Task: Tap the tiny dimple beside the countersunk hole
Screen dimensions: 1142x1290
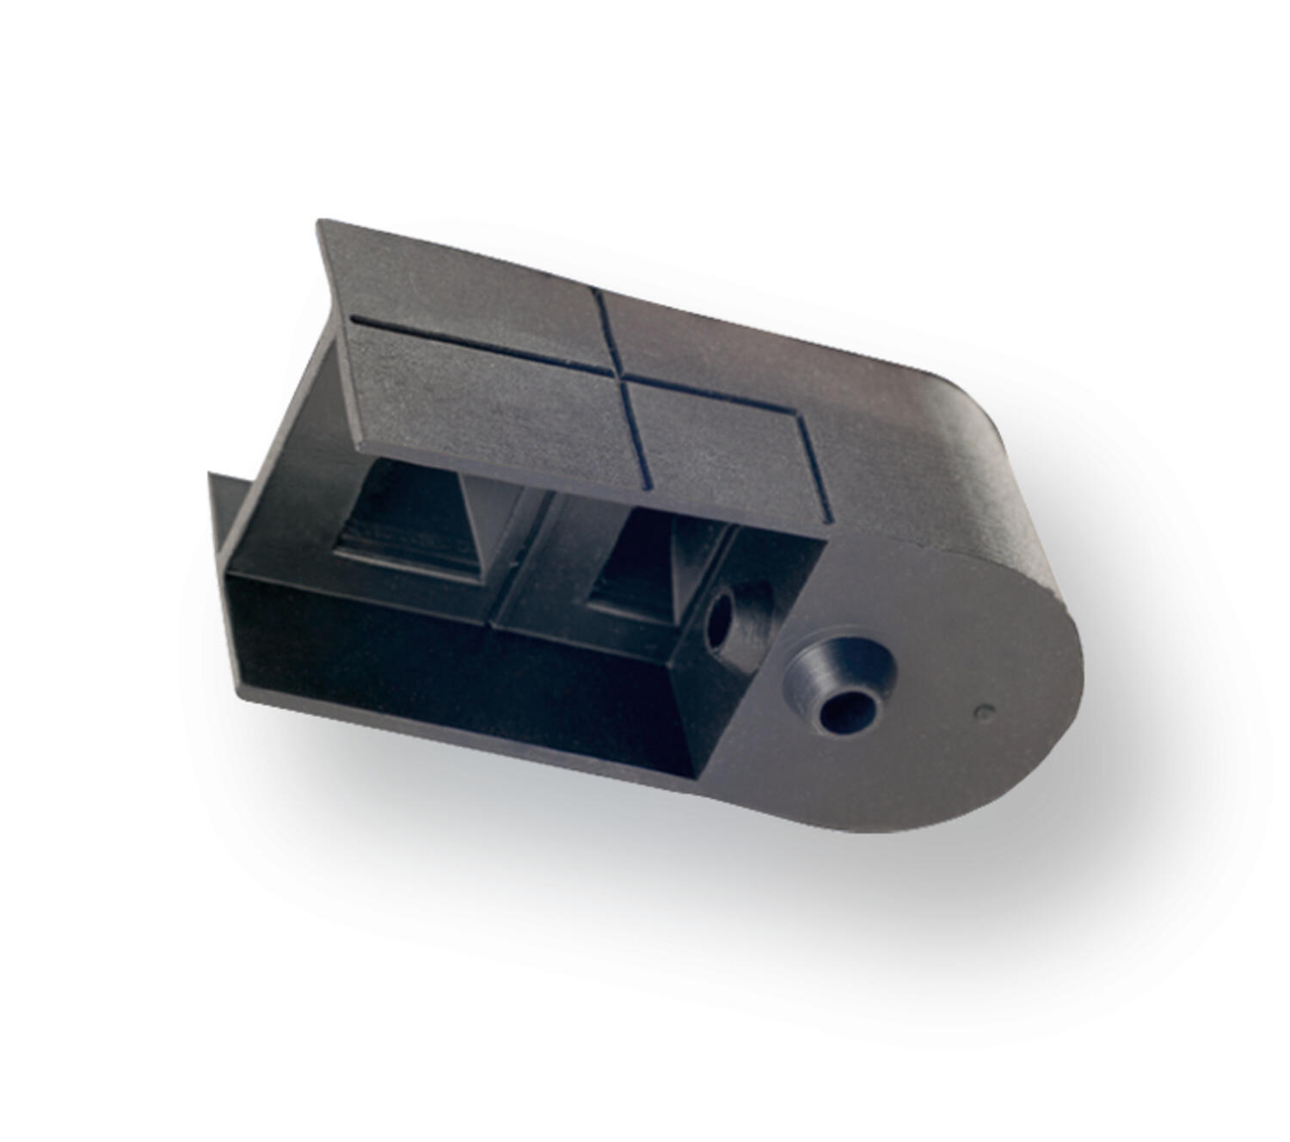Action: click(986, 711)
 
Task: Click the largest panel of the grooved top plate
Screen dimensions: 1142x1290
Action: click(482, 404)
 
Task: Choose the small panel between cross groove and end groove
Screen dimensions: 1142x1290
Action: click(714, 439)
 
